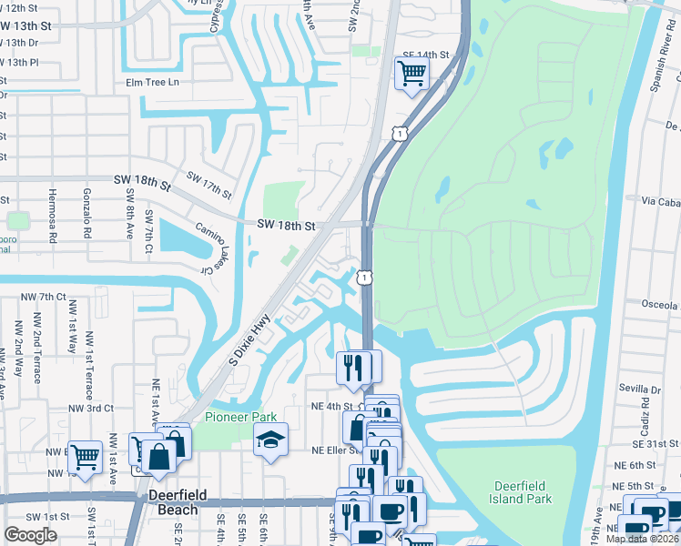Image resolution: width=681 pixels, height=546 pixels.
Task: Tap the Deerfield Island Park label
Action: (523, 492)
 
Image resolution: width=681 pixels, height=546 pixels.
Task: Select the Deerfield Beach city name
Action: (178, 502)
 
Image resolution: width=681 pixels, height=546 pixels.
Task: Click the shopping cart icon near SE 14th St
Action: (412, 72)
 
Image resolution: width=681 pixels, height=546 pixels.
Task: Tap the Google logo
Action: (30, 535)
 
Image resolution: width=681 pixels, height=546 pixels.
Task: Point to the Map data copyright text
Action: (642, 539)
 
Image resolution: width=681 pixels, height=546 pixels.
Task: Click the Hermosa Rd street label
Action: (53, 219)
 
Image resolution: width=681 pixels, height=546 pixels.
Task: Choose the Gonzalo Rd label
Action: (88, 219)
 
